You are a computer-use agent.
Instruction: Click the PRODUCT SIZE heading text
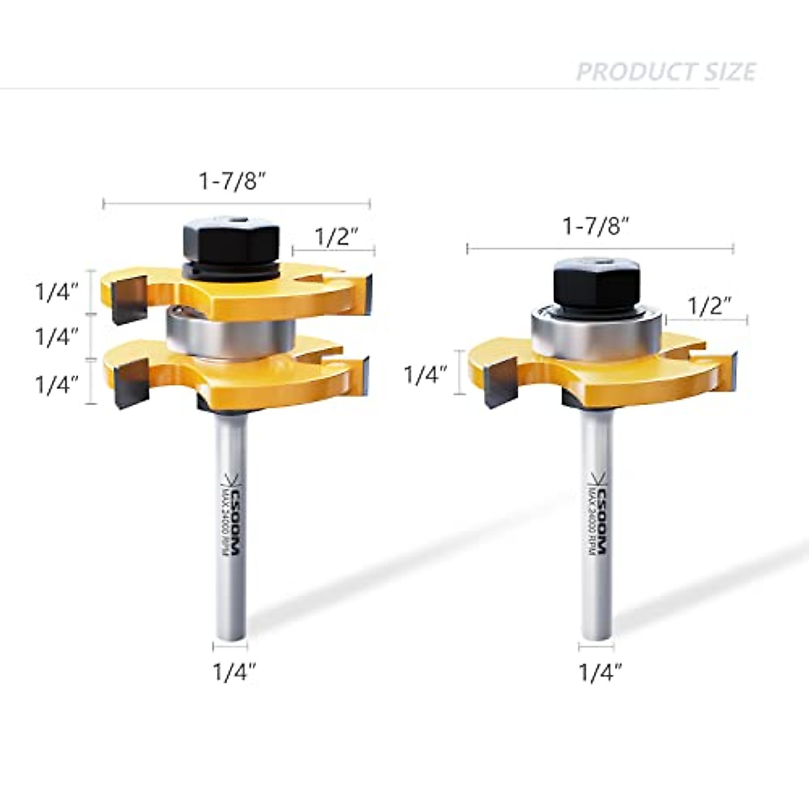tap(665, 71)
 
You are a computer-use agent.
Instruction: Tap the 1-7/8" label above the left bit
tap(229, 181)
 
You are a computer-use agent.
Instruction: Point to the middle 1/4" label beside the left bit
tap(57, 336)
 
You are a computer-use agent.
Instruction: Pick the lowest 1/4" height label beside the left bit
tap(57, 384)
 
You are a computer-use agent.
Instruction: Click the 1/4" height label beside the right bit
tap(425, 374)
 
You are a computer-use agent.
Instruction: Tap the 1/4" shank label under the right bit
tap(600, 672)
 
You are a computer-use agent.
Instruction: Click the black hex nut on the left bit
tap(231, 240)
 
